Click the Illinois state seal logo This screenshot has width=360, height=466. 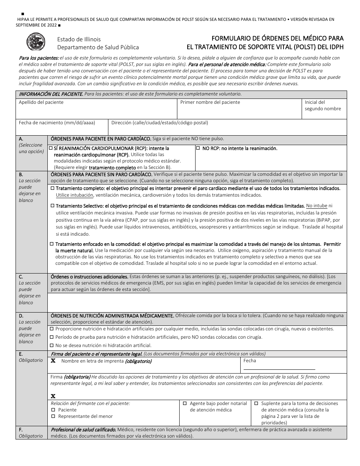pos(36,42)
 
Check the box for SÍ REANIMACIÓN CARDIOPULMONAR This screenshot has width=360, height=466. pos(51,149)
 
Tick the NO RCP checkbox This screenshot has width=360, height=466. pos(198,149)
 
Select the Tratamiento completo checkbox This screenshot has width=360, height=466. pos(52,188)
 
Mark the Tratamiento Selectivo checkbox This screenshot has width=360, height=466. pos(52,206)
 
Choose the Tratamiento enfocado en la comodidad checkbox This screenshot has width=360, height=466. pos(52,244)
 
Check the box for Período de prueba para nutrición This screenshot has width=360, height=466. pos(52,337)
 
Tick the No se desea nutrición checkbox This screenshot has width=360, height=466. pos(52,345)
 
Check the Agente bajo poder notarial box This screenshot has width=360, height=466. pos(185,403)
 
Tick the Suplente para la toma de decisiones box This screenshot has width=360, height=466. pos(257,403)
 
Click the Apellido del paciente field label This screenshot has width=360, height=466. pos(41,102)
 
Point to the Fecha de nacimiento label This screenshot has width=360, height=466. pos(57,123)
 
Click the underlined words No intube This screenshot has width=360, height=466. pos(316,206)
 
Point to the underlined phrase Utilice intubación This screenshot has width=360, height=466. pos(74,195)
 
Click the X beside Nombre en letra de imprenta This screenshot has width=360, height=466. pos(53,361)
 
